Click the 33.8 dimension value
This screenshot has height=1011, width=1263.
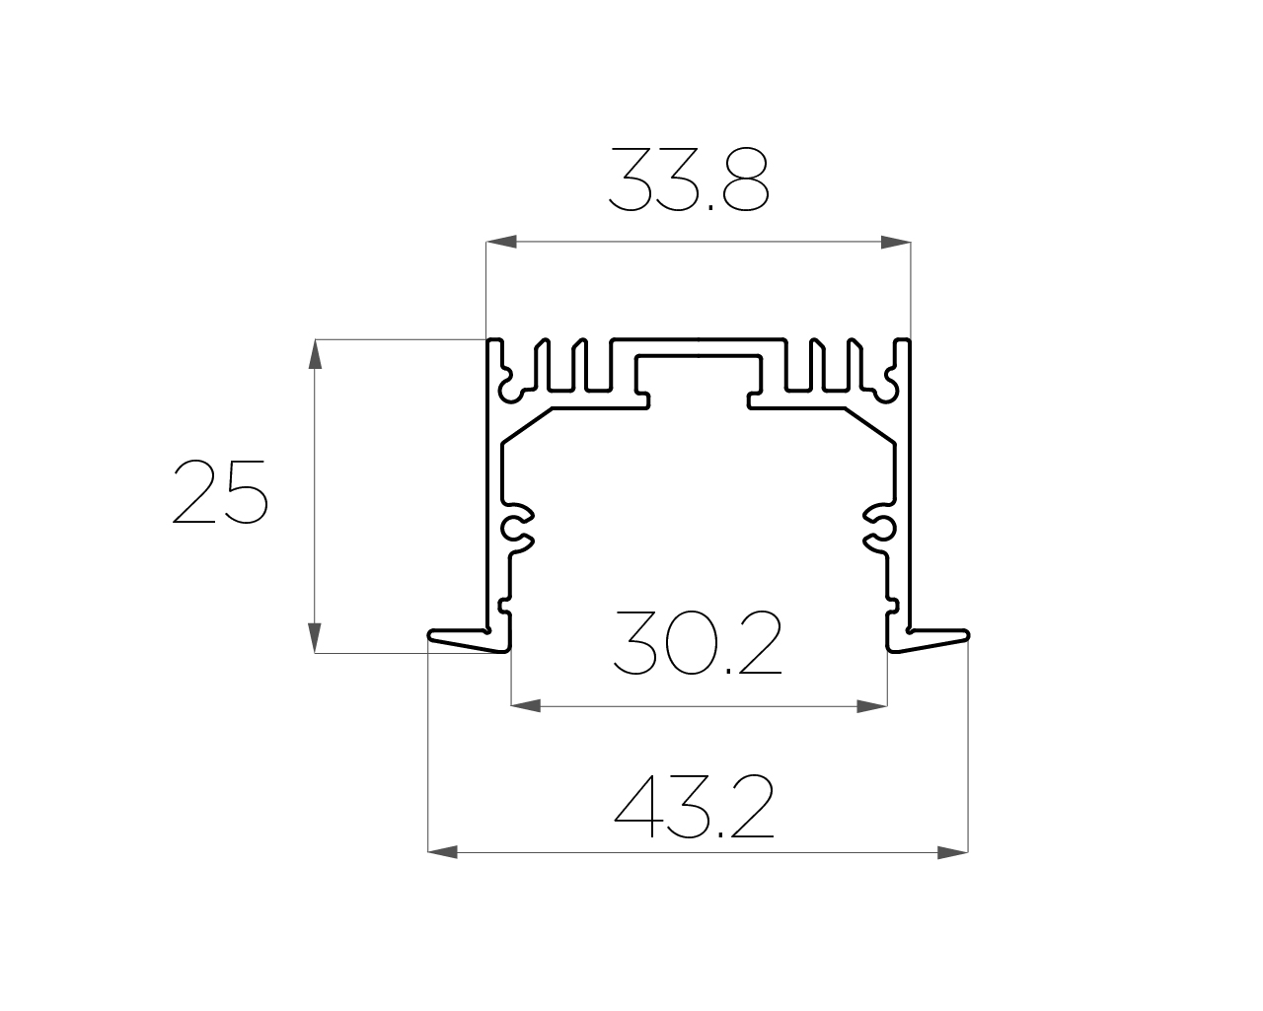click(689, 179)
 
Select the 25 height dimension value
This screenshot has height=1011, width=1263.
click(220, 491)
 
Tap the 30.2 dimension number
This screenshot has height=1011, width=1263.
click(698, 642)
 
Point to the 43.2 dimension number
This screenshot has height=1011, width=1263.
click(695, 806)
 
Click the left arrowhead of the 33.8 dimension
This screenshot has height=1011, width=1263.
click(501, 242)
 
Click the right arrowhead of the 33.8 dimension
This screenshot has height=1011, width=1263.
click(896, 242)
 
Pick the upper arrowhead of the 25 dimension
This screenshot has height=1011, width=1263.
click(315, 354)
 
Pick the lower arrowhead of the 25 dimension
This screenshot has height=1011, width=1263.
click(315, 638)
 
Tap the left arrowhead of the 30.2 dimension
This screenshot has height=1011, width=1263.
click(525, 706)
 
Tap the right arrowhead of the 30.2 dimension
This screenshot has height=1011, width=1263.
click(872, 706)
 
